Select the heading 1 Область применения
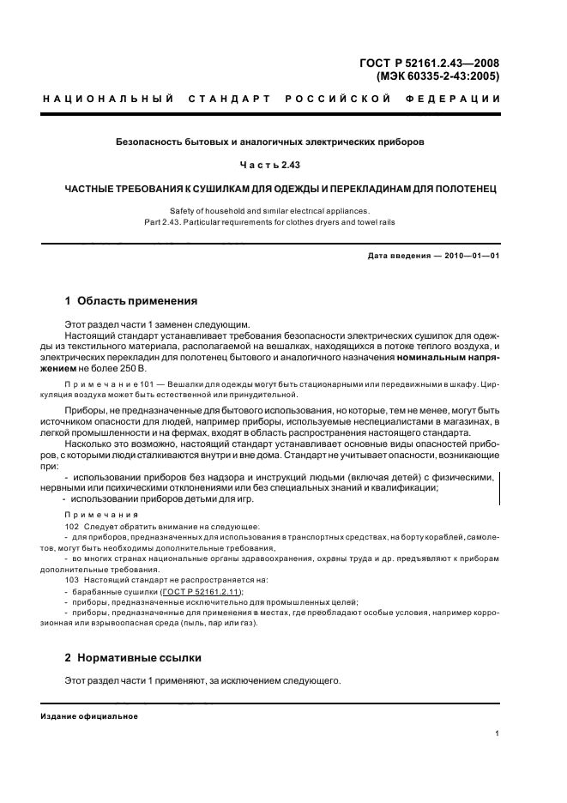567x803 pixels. point(131,301)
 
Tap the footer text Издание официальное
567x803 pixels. point(88,716)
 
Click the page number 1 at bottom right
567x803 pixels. point(498,734)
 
